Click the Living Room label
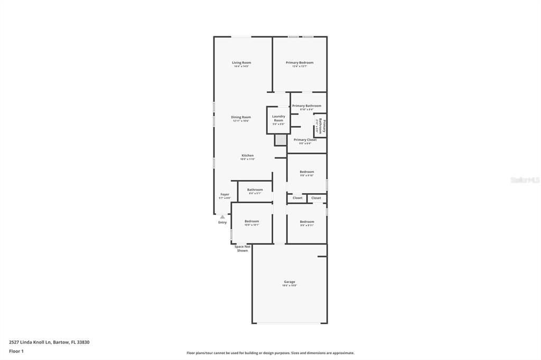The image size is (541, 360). (x=241, y=63)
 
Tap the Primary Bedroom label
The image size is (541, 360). (x=300, y=63)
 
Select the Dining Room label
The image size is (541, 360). (x=241, y=117)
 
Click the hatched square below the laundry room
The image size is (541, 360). (x=281, y=140)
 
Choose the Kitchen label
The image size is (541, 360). (x=248, y=156)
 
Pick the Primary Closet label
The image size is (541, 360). (x=305, y=140)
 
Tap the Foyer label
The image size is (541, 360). (x=225, y=194)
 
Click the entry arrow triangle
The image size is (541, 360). (x=222, y=216)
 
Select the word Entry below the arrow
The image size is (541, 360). (x=222, y=222)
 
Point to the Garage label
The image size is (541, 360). (x=290, y=282)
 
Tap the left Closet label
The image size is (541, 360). (x=298, y=198)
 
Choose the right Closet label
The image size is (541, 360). (x=316, y=198)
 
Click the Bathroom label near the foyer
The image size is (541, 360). (x=255, y=190)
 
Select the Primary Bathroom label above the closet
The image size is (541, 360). (x=306, y=106)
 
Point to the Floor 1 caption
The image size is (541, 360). (x=16, y=351)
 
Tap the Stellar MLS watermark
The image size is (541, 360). (x=525, y=180)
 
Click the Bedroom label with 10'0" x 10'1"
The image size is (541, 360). (x=251, y=221)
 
